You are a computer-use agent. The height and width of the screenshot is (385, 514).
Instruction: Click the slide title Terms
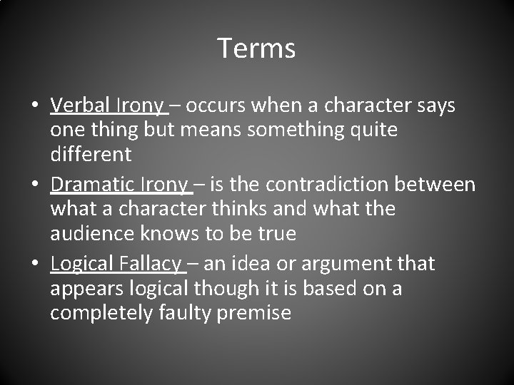point(256,48)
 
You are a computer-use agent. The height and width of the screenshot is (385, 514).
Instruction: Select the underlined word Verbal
point(80,106)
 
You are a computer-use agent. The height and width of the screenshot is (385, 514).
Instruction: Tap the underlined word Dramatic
point(93,185)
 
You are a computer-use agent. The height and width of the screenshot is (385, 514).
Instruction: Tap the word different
point(91,154)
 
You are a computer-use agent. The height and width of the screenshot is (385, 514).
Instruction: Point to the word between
point(438,185)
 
